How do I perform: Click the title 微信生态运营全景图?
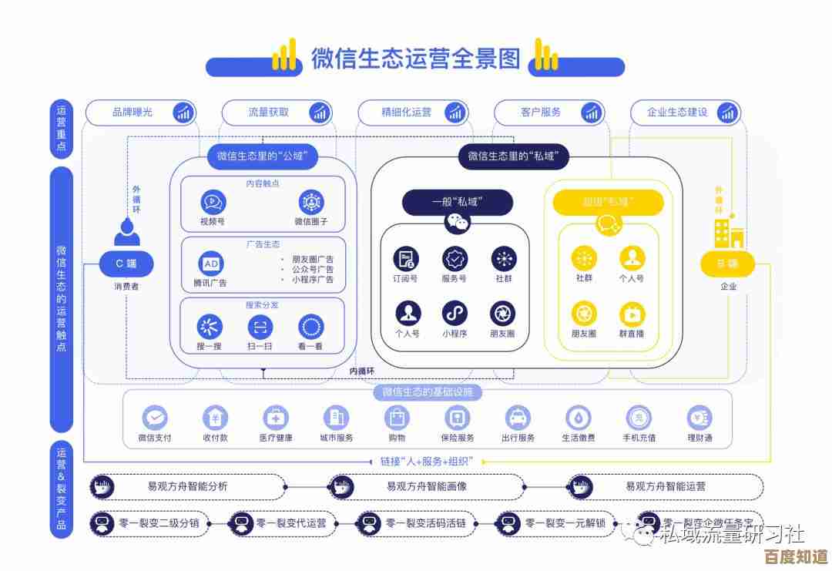pyautogui.click(x=416, y=59)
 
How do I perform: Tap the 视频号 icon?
pyautogui.click(x=213, y=203)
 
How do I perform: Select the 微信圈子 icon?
pyautogui.click(x=311, y=203)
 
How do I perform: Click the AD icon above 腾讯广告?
pyautogui.click(x=210, y=264)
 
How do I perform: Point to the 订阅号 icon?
pyautogui.click(x=405, y=259)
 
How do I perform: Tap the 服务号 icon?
pyautogui.click(x=455, y=259)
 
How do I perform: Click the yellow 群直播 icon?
pyautogui.click(x=632, y=314)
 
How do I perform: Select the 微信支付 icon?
pyautogui.click(x=155, y=418)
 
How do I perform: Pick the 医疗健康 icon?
pyautogui.click(x=275, y=418)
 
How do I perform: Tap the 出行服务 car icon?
pyautogui.click(x=518, y=418)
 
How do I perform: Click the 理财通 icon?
pyautogui.click(x=699, y=418)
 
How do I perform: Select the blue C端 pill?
pyautogui.click(x=126, y=264)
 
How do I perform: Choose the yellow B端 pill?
pyautogui.click(x=727, y=264)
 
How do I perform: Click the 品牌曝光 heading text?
pyautogui.click(x=133, y=113)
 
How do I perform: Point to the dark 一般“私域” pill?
pyautogui.click(x=457, y=202)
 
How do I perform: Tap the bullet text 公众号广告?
pyautogui.click(x=312, y=270)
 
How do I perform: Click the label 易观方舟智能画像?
pyautogui.click(x=427, y=487)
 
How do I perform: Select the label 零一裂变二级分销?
pyautogui.click(x=159, y=524)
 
